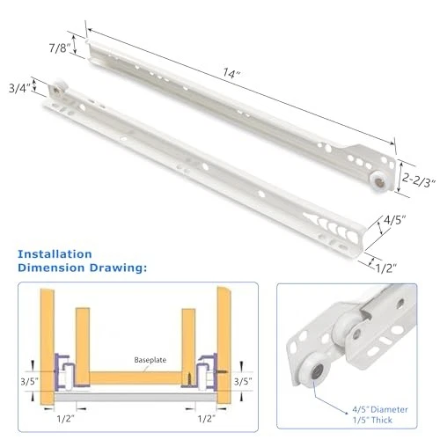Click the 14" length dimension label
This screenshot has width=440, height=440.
click(231, 73)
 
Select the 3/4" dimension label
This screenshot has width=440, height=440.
click(19, 88)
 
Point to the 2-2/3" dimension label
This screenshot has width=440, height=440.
click(419, 180)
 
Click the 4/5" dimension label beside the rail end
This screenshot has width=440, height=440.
click(395, 220)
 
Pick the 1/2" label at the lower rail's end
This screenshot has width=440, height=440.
click(386, 268)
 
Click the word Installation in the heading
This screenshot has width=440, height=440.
click(55, 254)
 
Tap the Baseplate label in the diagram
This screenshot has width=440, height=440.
click(150, 360)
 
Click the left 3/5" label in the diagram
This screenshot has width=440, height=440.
click(29, 382)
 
